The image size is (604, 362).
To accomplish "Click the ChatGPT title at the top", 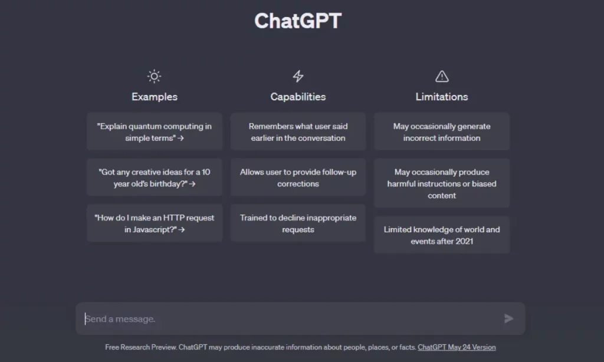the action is click(x=298, y=21).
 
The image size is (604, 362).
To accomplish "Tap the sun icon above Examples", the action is click(x=154, y=76).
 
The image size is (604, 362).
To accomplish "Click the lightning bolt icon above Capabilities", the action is click(x=298, y=76).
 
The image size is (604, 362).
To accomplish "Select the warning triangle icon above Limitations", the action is click(x=442, y=76).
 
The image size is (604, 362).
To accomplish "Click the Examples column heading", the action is click(x=155, y=97).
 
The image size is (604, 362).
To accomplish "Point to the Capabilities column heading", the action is click(x=298, y=97).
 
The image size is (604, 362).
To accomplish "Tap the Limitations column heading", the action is click(x=442, y=97).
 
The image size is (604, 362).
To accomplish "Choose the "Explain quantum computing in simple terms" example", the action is click(x=155, y=131).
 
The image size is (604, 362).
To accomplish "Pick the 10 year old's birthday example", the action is click(x=155, y=177).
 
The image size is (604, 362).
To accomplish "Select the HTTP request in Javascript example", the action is click(x=155, y=223).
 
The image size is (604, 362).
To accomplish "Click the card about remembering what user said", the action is click(x=298, y=131).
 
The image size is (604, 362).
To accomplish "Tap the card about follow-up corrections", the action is click(x=298, y=177).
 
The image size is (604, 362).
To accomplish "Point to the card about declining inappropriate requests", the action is click(x=298, y=223).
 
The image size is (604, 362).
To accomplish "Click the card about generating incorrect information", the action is click(x=442, y=131).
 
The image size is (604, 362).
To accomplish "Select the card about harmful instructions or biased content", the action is click(x=442, y=183).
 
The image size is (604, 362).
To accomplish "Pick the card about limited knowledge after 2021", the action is click(x=442, y=235).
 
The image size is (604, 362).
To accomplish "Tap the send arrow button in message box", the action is click(x=508, y=318).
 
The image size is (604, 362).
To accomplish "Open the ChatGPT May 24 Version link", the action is click(x=457, y=347).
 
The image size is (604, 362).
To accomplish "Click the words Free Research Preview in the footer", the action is click(x=141, y=347).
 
